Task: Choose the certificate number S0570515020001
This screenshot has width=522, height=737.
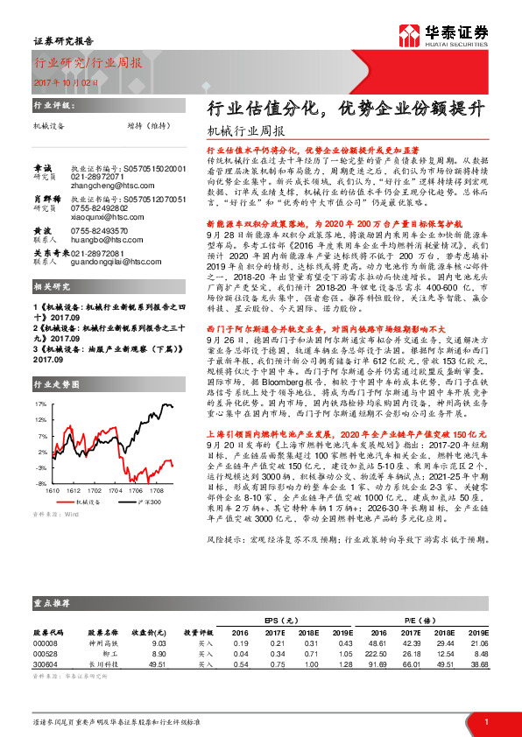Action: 154,167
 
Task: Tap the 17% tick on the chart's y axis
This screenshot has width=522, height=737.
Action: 40,405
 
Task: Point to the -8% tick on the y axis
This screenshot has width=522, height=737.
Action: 40,483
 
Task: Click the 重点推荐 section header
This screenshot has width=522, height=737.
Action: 53,602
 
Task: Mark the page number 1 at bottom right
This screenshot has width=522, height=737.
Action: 486,721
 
